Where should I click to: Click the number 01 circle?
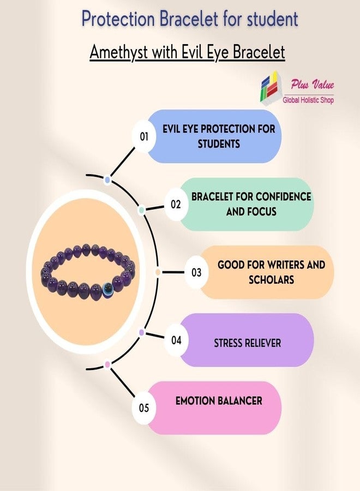coord(143,136)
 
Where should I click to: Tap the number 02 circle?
coord(176,204)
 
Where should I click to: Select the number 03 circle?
coord(196,272)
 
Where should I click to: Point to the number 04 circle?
coord(176,340)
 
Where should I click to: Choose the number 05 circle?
coord(143,408)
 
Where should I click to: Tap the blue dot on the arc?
coord(107,180)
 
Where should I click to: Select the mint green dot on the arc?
coord(141,210)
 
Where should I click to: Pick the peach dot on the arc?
coord(158,272)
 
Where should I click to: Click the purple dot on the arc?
coord(141,332)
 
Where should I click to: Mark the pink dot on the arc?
coord(107,364)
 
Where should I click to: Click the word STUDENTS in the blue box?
coord(219,144)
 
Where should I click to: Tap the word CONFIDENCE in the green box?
coord(280,196)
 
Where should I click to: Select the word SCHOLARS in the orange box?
coord(272,280)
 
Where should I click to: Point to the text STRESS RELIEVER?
coord(247,343)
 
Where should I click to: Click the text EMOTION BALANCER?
coord(219,401)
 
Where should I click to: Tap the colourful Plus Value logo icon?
coord(270,87)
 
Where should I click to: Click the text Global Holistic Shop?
coord(308,100)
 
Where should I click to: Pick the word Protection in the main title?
coord(118,19)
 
